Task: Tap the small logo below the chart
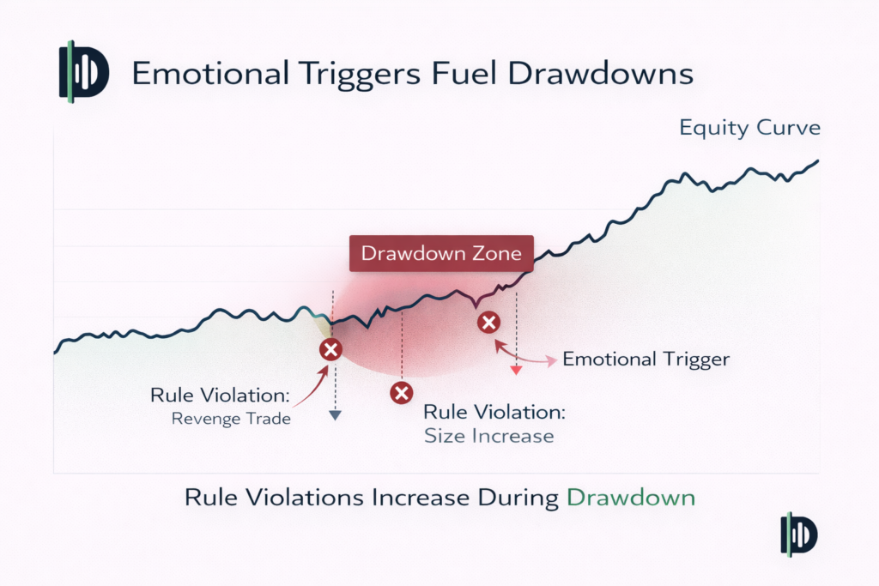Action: tap(799, 535)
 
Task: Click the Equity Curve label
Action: tap(749, 129)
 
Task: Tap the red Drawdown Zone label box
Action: tap(441, 254)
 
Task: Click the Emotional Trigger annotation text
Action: tap(646, 359)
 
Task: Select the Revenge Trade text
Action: tap(231, 420)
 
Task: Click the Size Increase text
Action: tap(489, 436)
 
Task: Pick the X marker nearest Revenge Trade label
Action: tap(330, 349)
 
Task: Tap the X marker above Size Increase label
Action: tap(401, 393)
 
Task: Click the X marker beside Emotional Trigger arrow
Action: tap(488, 323)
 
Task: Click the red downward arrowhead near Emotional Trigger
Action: tap(516, 370)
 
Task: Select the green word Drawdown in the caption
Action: tap(631, 498)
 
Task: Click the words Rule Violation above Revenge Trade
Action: tap(221, 396)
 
